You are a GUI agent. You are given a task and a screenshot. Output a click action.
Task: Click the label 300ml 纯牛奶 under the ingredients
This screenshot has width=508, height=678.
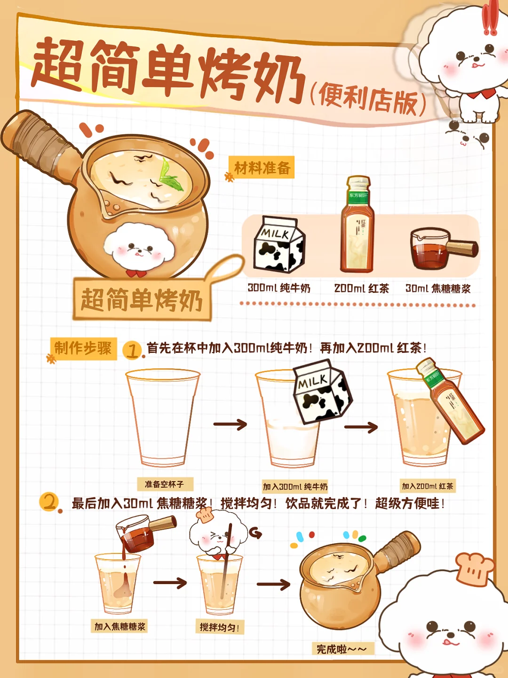279,288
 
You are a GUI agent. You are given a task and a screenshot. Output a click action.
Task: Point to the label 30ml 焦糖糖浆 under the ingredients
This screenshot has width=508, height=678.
438,289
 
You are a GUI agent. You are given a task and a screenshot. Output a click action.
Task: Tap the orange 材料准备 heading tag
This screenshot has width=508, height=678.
262,168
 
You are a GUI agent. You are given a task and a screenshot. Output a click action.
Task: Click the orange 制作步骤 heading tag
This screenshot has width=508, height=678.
83,349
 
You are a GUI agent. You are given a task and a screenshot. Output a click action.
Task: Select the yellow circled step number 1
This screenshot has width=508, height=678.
132,351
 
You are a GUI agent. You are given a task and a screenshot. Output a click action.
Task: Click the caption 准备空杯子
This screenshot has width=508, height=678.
165,484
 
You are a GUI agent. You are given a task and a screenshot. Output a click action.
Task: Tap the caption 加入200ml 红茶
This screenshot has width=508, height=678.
428,486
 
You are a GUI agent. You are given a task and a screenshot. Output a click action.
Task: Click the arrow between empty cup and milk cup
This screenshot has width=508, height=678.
230,424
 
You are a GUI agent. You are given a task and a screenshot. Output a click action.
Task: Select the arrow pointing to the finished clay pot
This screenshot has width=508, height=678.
273,584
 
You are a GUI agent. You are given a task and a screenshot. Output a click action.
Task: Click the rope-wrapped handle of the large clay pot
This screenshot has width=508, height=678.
37,145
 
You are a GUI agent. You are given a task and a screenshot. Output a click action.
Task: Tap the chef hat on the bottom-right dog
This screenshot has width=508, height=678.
474,569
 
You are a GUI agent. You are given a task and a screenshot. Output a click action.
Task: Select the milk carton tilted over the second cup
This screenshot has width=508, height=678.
322,392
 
